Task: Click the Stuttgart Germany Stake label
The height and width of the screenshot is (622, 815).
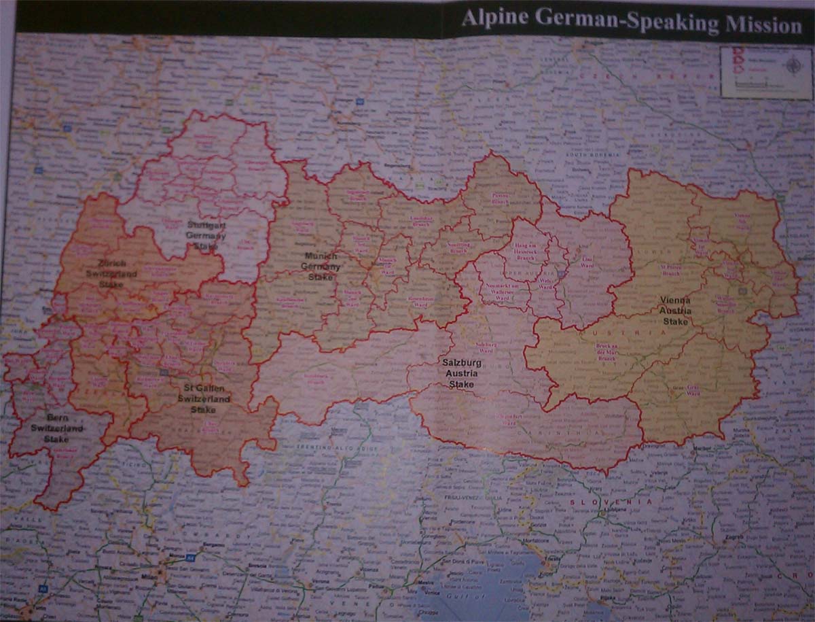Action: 206,235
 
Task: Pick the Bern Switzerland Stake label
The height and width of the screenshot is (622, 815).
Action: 56,428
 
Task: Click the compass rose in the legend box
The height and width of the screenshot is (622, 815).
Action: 792,66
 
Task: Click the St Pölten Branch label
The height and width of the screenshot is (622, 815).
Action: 670,271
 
